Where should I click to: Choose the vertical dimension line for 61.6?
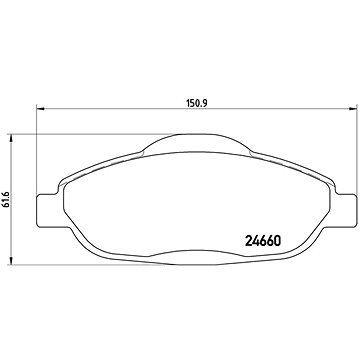click(x=18, y=230)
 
